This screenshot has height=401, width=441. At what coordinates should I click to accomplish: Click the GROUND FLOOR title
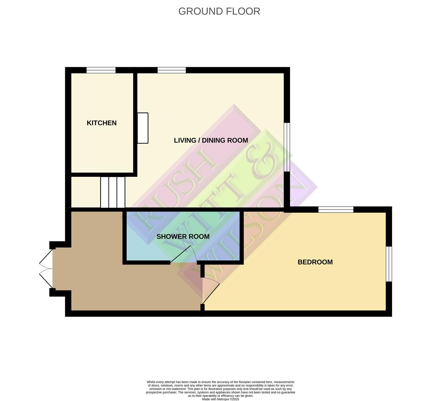coord(219,11)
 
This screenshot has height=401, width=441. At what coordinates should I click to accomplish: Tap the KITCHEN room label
coord(102,123)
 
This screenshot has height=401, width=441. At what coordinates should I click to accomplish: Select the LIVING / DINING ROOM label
coord(211,140)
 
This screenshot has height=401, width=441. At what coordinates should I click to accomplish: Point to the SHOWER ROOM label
coord(183,237)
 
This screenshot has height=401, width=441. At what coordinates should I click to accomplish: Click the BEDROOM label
coord(315,262)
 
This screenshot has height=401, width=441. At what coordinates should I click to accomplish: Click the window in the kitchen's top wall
coord(101,70)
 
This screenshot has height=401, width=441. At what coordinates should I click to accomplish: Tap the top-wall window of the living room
coord(171,70)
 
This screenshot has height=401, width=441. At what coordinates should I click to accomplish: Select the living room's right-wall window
coord(287,147)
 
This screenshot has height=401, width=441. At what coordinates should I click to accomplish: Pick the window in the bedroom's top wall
coord(336,210)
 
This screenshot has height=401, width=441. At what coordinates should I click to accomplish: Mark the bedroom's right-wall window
coord(389,264)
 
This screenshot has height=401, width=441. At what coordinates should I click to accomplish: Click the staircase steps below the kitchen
coord(113,192)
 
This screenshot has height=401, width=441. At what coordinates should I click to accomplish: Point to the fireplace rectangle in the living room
coord(143,128)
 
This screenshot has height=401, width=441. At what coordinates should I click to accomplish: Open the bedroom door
coord(211,293)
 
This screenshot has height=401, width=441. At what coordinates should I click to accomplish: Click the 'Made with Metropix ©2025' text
coord(220,399)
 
